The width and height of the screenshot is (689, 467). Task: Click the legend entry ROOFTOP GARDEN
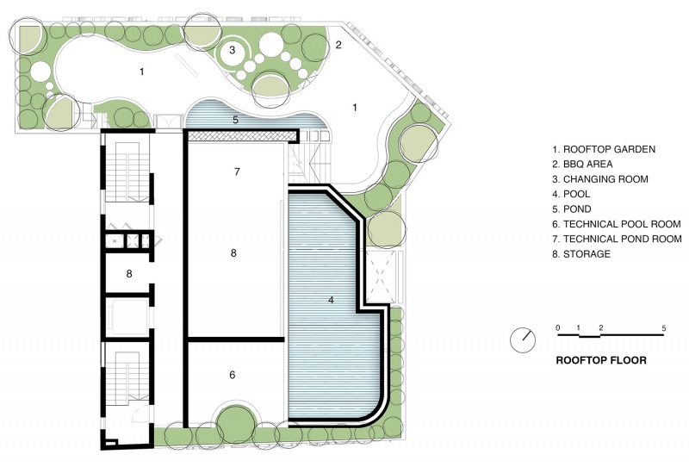(x=604, y=149)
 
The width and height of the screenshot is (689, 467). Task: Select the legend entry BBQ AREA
(x=582, y=164)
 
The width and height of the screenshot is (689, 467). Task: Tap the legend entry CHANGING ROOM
(x=600, y=179)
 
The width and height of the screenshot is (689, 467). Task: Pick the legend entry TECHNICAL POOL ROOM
(x=617, y=224)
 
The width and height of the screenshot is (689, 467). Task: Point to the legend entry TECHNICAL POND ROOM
(x=617, y=239)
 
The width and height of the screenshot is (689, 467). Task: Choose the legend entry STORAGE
(x=581, y=253)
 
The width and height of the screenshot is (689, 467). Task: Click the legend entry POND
(x=572, y=209)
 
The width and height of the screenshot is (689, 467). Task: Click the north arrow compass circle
(x=523, y=340)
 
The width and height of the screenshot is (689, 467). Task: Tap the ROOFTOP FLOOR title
(x=601, y=360)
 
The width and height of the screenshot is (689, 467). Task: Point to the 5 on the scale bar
(x=663, y=328)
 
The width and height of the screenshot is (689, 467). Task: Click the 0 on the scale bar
(x=558, y=327)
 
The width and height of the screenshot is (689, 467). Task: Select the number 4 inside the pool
(x=331, y=300)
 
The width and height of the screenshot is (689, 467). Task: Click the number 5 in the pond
(x=235, y=120)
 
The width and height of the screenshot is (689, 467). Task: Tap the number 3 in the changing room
(x=232, y=50)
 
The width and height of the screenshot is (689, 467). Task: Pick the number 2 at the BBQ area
(x=338, y=45)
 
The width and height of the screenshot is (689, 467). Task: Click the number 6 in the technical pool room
(x=233, y=375)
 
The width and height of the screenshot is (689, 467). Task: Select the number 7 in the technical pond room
(x=238, y=171)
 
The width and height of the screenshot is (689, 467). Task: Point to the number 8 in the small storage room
(x=129, y=273)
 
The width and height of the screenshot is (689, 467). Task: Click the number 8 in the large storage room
(x=233, y=252)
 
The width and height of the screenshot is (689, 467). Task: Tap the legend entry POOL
(x=571, y=194)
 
